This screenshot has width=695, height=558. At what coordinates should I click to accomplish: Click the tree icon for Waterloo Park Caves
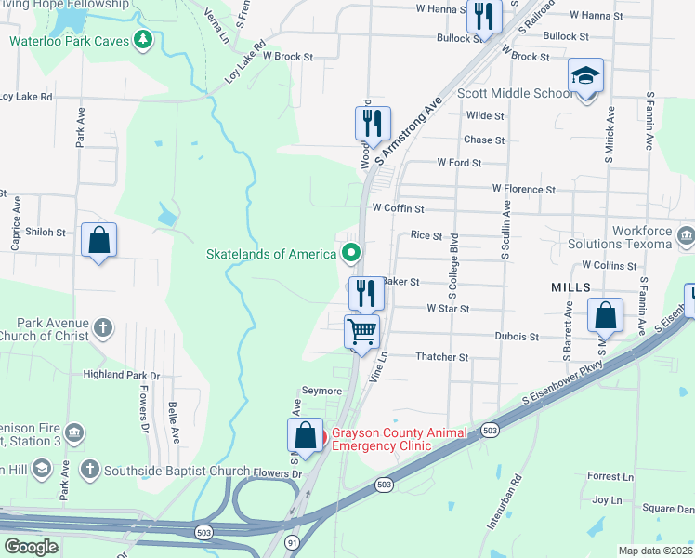(142, 39)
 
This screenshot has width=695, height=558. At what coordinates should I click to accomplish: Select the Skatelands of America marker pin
(351, 252)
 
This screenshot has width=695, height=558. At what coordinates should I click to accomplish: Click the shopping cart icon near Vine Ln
(361, 331)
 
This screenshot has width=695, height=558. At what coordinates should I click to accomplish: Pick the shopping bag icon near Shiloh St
(98, 240)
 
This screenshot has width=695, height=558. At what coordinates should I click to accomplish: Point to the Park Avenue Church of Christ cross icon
(102, 327)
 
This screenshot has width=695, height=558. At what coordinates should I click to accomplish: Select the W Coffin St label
(398, 209)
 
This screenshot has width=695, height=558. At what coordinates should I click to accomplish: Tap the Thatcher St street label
(442, 357)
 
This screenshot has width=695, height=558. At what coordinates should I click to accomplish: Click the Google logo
(31, 547)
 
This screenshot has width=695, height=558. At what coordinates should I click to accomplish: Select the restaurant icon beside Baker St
(365, 293)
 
